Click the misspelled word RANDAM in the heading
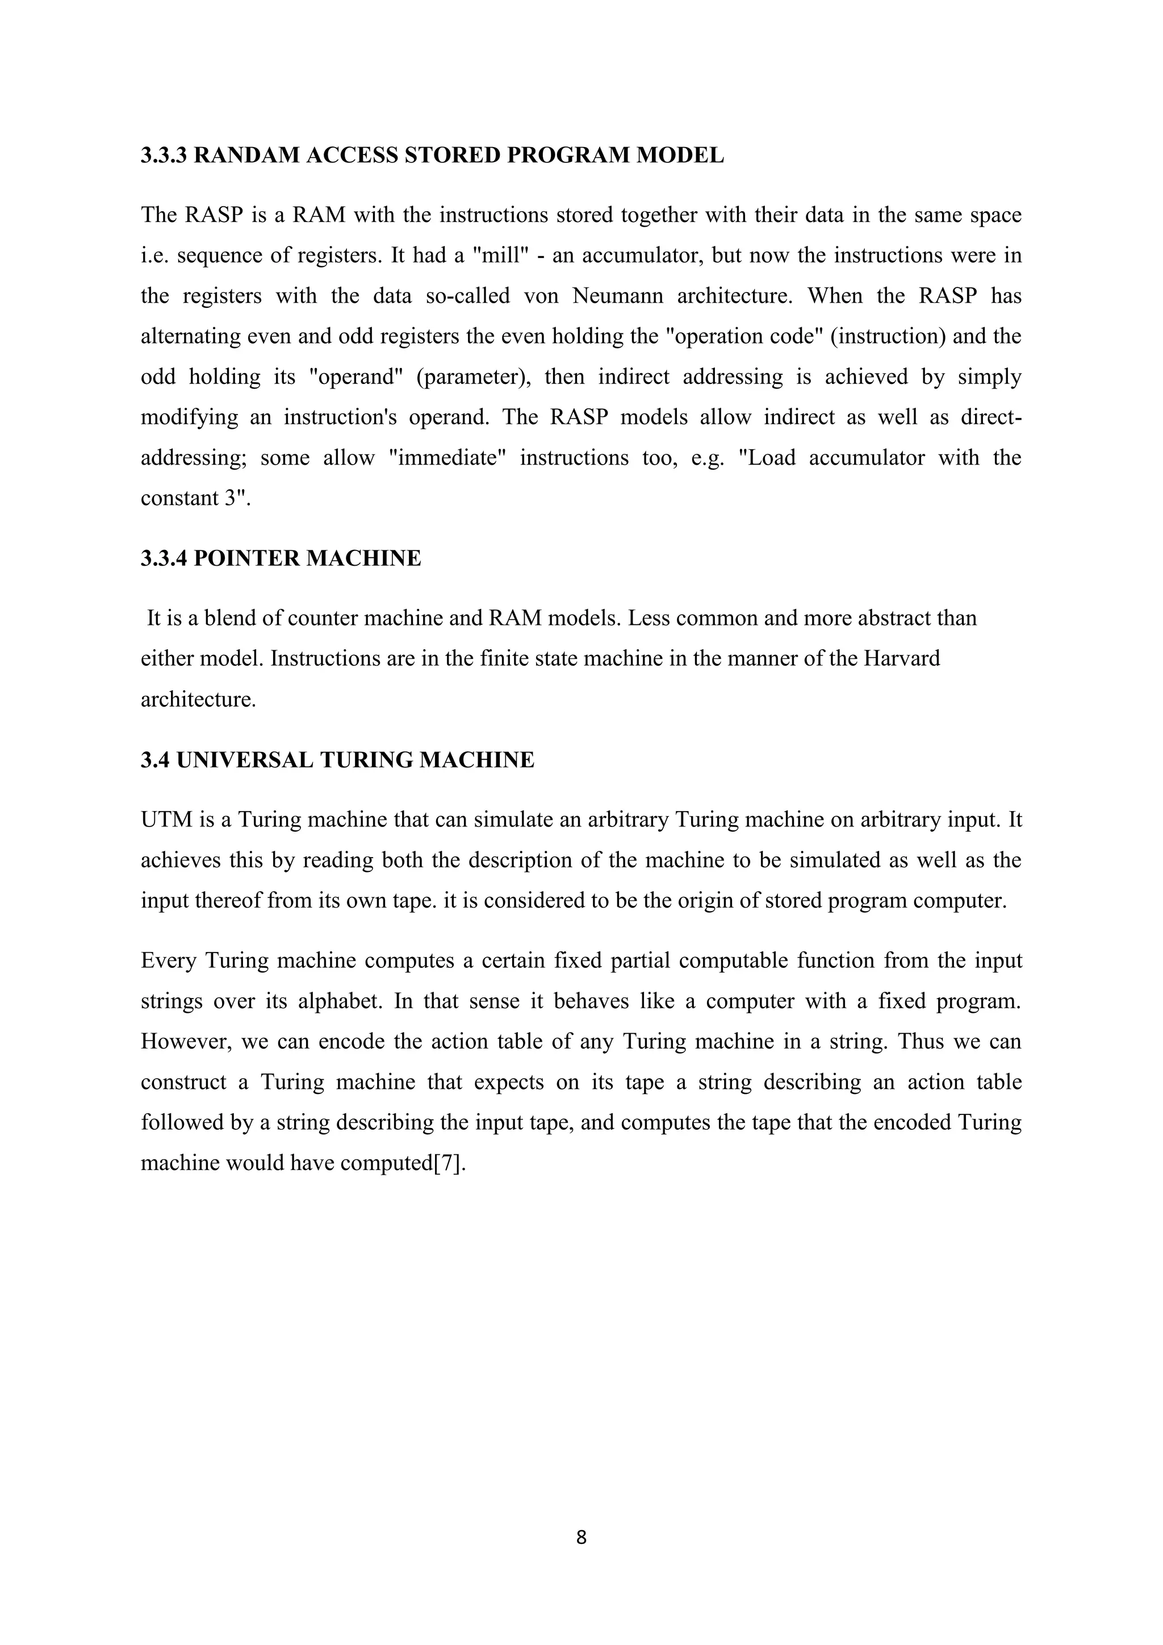pos(247,156)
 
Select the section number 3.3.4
pos(164,558)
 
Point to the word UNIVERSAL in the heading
pos(245,760)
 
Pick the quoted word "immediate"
pos(447,458)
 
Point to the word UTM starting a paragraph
pos(167,820)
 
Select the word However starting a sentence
pos(186,1042)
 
